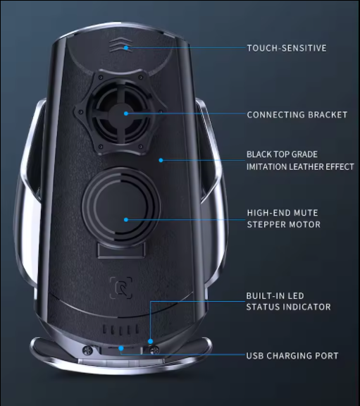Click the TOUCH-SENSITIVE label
[287, 48]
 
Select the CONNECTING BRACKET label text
[297, 115]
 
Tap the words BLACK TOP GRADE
[282, 154]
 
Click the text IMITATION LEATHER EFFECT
[300, 167]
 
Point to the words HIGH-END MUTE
[283, 213]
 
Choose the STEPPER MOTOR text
[284, 224]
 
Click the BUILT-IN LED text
[275, 296]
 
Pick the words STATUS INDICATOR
[288, 307]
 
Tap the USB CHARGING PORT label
[292, 356]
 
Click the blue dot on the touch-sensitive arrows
[126, 48]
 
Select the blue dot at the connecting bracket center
[126, 113]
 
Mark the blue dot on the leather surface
[161, 160]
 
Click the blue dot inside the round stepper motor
[126, 220]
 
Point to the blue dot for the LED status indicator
[150, 341]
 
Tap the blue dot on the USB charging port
[121, 348]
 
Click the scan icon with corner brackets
[121, 288]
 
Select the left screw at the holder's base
[87, 350]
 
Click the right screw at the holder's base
[154, 350]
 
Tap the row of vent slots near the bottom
[121, 329]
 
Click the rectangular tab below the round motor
[121, 251]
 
